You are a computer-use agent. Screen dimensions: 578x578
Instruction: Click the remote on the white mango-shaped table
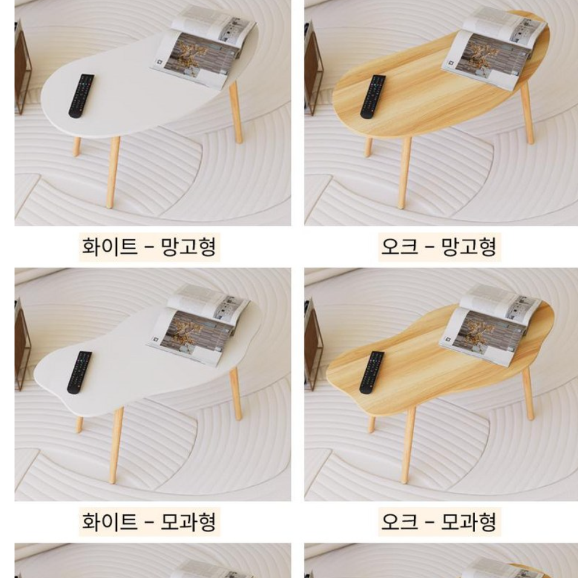click(81, 96)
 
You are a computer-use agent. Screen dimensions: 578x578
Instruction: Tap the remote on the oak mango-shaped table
click(372, 96)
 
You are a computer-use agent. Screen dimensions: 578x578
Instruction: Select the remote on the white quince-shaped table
click(79, 372)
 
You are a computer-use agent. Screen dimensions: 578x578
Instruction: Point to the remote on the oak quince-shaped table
click(372, 372)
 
